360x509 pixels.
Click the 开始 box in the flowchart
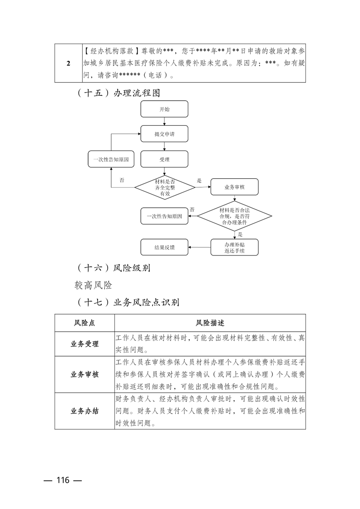[164, 110]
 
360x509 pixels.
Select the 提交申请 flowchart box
[164, 134]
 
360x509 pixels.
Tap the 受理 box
[164, 160]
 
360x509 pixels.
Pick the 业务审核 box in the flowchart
[235, 187]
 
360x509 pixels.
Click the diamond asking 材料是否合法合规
[235, 216]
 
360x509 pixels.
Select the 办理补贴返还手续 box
[235, 247]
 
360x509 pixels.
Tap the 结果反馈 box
[164, 248]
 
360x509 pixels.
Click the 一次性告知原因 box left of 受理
[111, 160]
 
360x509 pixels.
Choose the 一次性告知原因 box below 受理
[164, 216]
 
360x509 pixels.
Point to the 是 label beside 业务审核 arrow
[199, 181]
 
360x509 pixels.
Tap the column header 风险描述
[210, 323]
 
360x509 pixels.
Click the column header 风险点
[84, 323]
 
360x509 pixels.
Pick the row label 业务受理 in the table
[84, 344]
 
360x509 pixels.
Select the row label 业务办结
[84, 411]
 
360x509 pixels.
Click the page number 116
[63, 480]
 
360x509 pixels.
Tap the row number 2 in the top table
[68, 63]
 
